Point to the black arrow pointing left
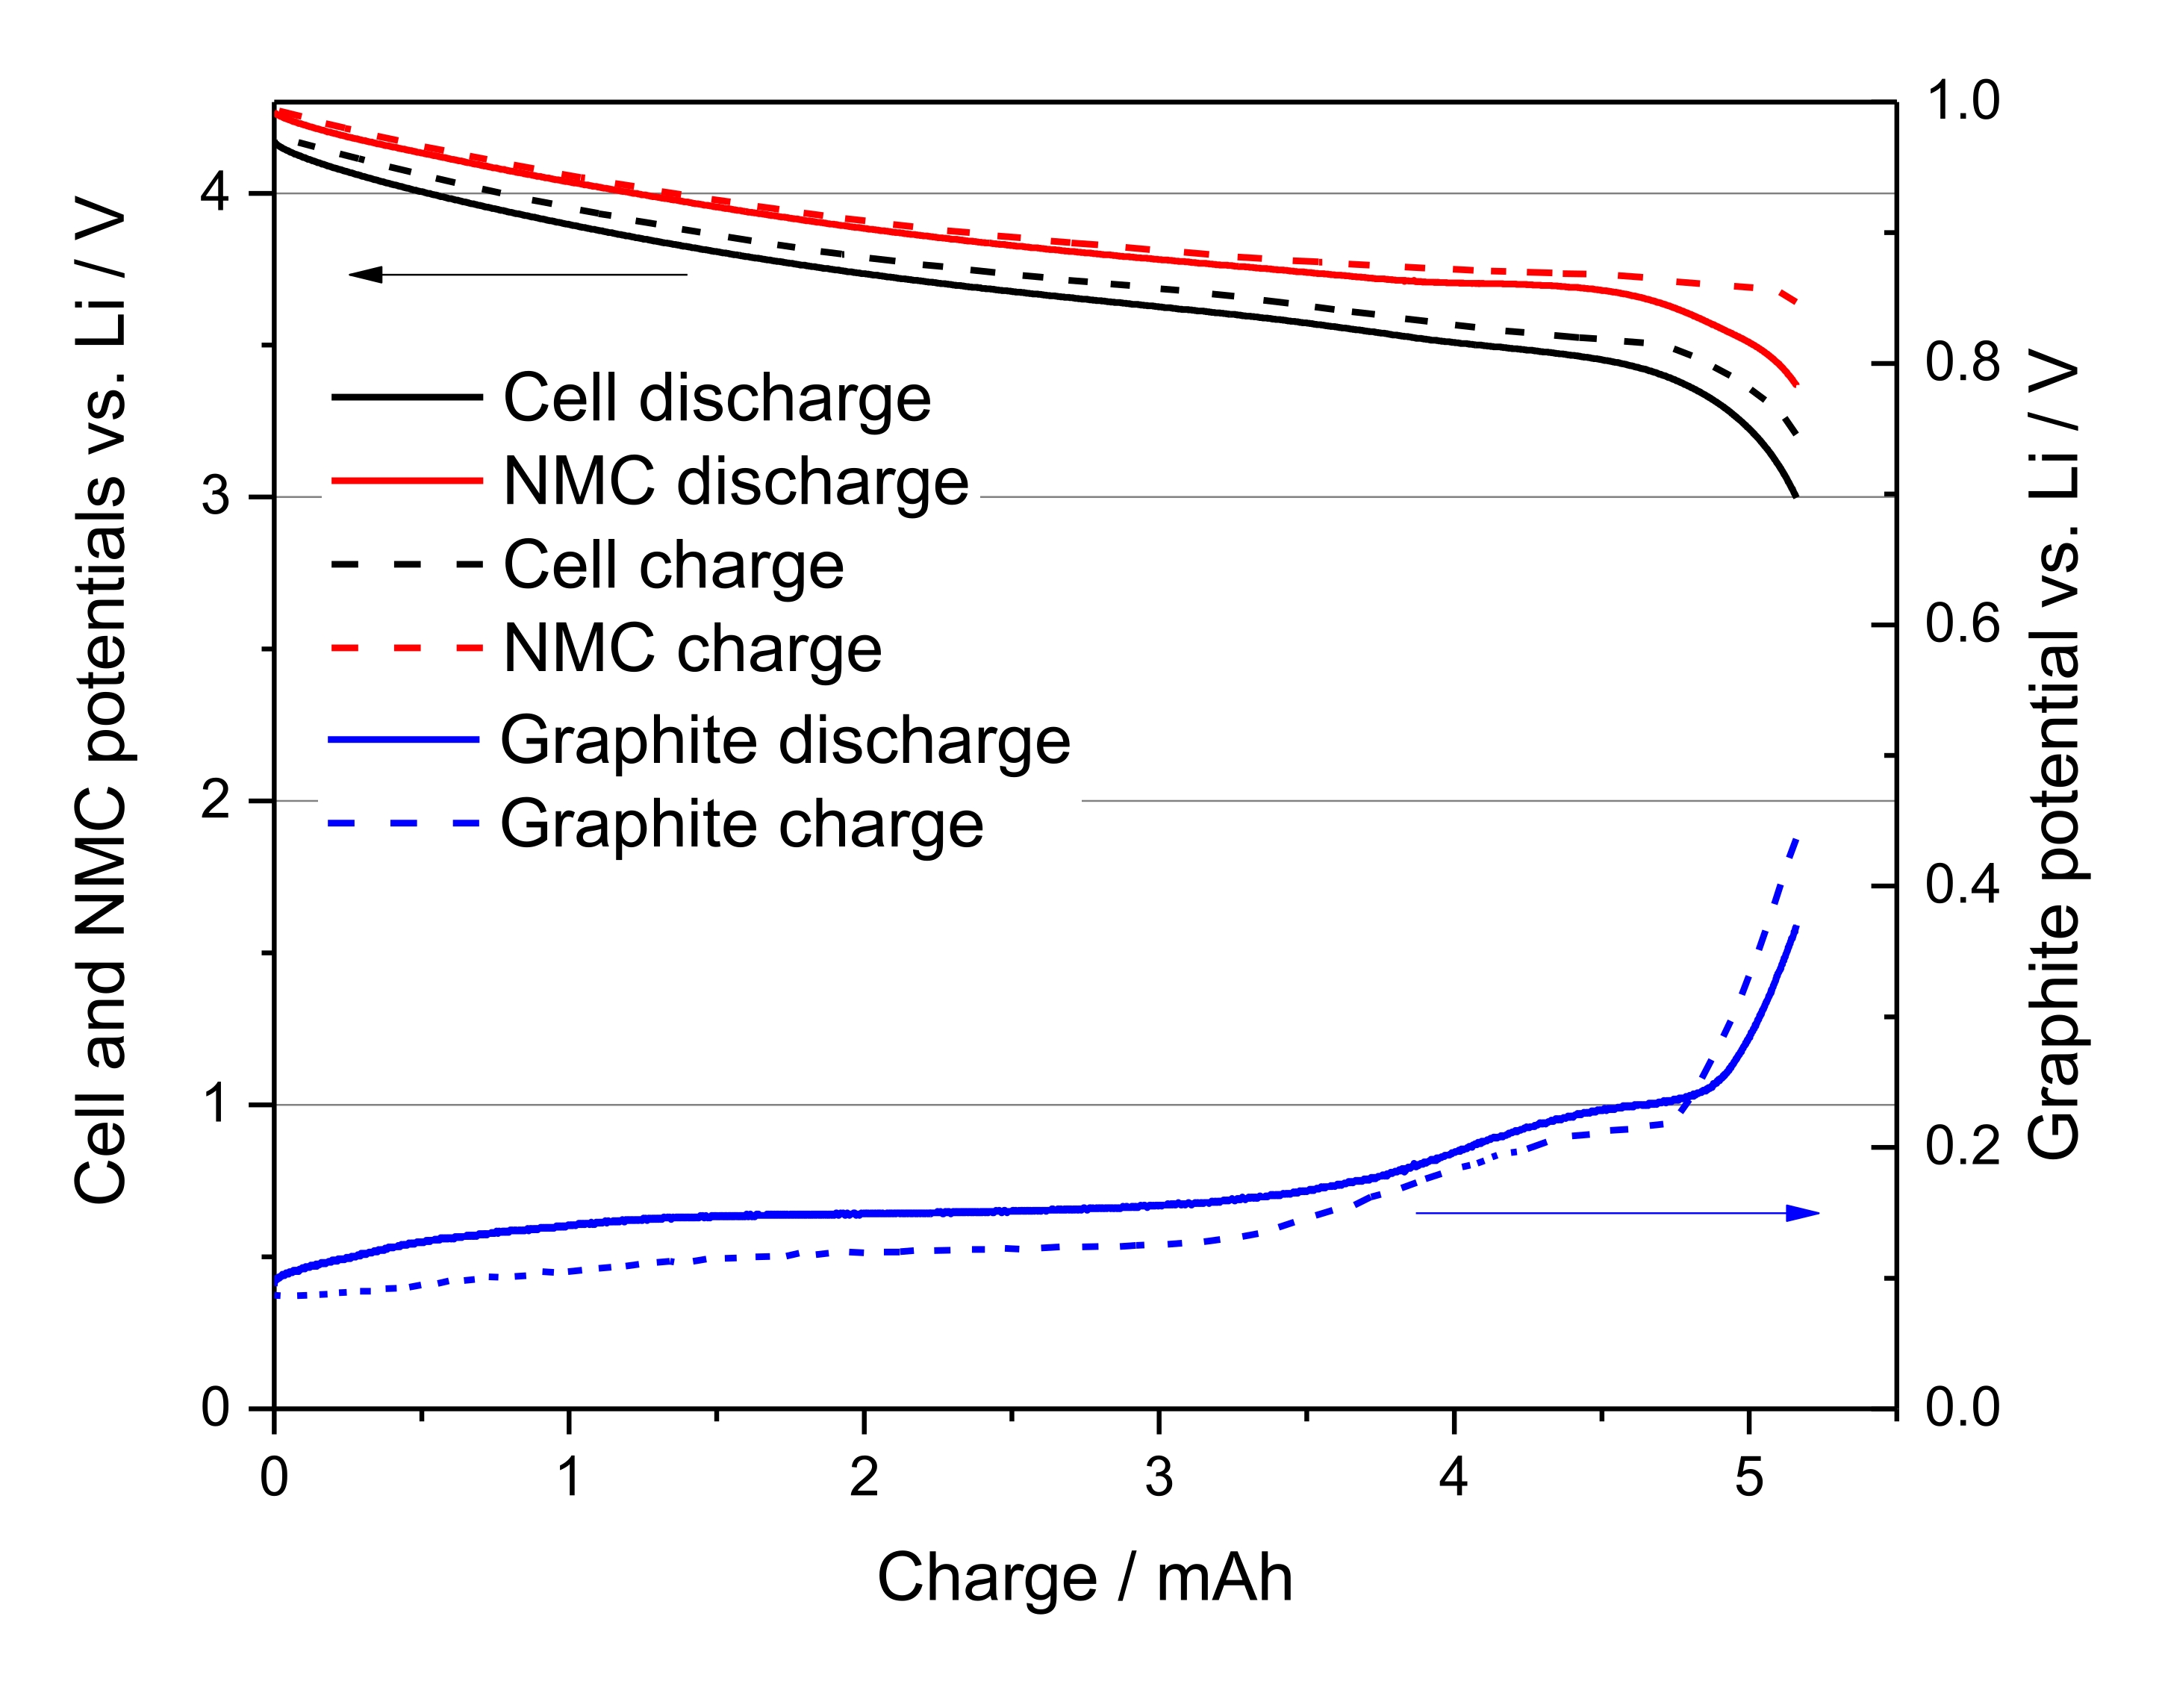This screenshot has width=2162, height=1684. pos(518,274)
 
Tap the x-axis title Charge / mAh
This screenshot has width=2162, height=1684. pos(1084,1578)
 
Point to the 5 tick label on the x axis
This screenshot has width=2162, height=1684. pos(1748,1478)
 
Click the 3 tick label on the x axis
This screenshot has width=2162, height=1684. pos(1158,1478)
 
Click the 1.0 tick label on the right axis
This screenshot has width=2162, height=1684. pos(1962,101)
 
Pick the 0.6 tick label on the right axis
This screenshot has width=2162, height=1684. pos(1962,624)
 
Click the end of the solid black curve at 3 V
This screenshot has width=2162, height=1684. pos(1795,495)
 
